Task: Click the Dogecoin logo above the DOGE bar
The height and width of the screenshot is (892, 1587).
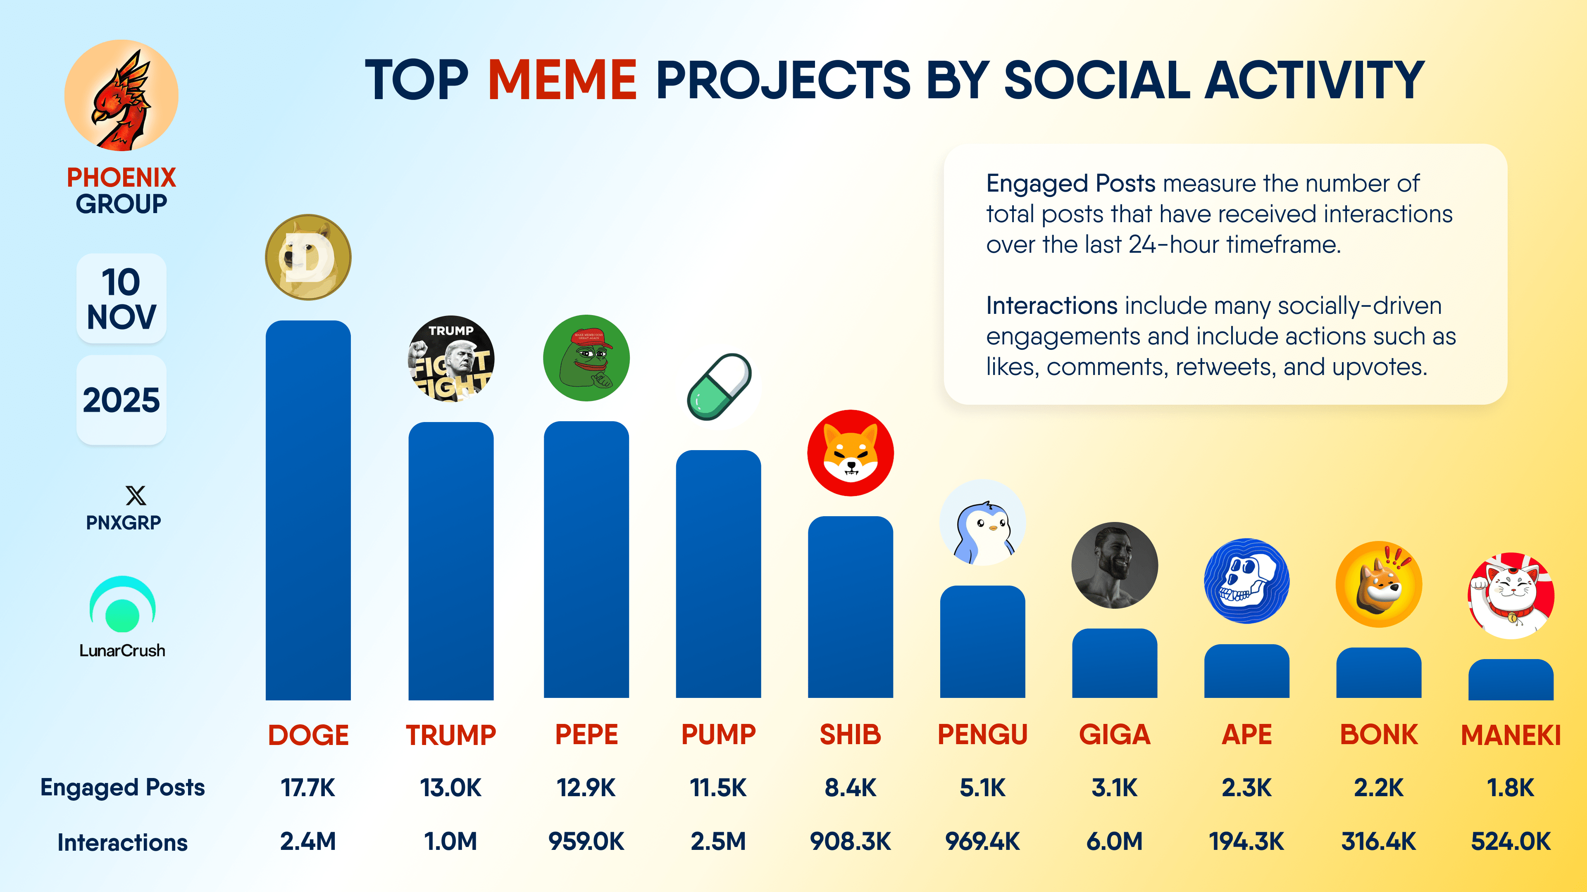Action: coord(308,257)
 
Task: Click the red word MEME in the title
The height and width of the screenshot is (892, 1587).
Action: coord(562,80)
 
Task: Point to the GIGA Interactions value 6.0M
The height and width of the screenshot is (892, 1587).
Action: coord(1115,841)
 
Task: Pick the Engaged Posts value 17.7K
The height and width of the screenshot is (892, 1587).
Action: coord(308,788)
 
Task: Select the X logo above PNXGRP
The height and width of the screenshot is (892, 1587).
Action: coord(136,496)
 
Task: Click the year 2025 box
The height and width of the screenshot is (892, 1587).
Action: coord(122,400)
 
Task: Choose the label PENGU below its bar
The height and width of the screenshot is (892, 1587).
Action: coord(983,734)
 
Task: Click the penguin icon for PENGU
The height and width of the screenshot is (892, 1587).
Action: coord(983,523)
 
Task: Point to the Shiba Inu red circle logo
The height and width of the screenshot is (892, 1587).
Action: coord(850,453)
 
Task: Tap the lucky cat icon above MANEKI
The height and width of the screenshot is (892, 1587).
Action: coord(1511,595)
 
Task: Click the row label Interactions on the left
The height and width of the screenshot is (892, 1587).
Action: coord(123,842)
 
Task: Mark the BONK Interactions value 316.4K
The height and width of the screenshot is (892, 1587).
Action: coord(1379,841)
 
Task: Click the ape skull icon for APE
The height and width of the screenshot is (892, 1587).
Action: coord(1246,581)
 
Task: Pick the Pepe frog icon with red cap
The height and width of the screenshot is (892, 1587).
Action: coord(586,358)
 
